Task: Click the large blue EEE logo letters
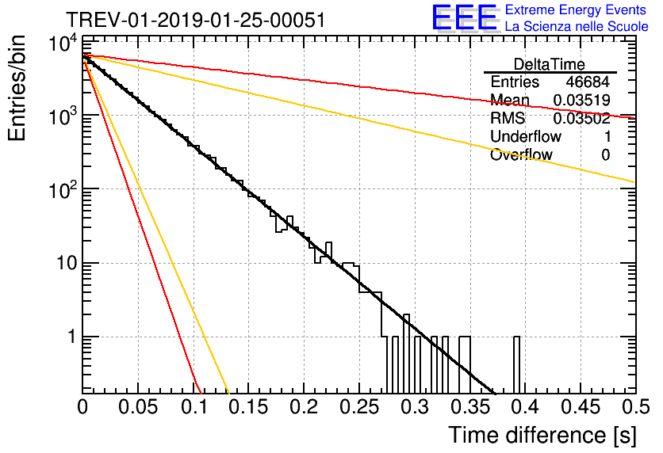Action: pyautogui.click(x=464, y=19)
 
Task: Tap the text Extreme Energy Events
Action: pyautogui.click(x=577, y=10)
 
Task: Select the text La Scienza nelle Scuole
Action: pyautogui.click(x=577, y=27)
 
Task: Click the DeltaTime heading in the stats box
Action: pyautogui.click(x=550, y=64)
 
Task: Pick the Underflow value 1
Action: pyautogui.click(x=606, y=137)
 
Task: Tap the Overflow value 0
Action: pyautogui.click(x=606, y=155)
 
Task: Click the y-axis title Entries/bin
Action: pyautogui.click(x=22, y=89)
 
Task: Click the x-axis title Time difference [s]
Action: pyautogui.click(x=542, y=435)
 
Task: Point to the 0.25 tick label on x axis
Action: pyautogui.click(x=358, y=406)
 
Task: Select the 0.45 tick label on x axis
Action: pyautogui.click(x=580, y=406)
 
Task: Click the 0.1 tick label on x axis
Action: pyautogui.click(x=193, y=406)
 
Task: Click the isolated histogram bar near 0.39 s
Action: pyautogui.click(x=517, y=364)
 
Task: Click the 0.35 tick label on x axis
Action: pyautogui.click(x=469, y=406)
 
